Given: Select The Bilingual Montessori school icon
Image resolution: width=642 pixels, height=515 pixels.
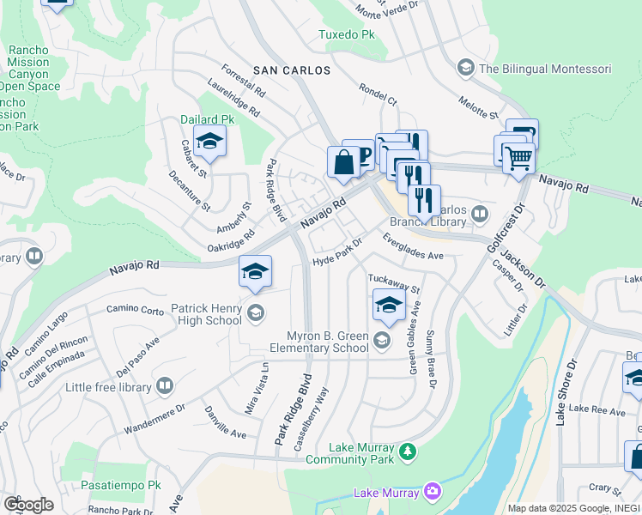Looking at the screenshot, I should pyautogui.click(x=465, y=68).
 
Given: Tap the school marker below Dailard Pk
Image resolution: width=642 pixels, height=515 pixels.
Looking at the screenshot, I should pyautogui.click(x=209, y=141).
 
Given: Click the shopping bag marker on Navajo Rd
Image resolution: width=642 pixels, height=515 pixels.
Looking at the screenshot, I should pyautogui.click(x=343, y=161).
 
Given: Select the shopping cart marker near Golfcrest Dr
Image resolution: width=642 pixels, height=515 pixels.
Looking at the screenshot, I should pyautogui.click(x=518, y=157).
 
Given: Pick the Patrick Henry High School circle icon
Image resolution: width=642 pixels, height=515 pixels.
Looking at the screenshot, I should pyautogui.click(x=255, y=312).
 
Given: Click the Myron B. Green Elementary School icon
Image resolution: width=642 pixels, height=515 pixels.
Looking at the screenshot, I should pyautogui.click(x=382, y=342).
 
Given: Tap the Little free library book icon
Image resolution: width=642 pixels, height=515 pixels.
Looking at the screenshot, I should pyautogui.click(x=164, y=387).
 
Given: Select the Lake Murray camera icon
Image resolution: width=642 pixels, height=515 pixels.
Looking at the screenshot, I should pyautogui.click(x=433, y=492).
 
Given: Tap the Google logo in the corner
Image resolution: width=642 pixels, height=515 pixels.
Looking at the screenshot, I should pyautogui.click(x=28, y=505).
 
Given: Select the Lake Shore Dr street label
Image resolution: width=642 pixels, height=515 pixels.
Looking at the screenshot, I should pyautogui.click(x=562, y=400).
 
